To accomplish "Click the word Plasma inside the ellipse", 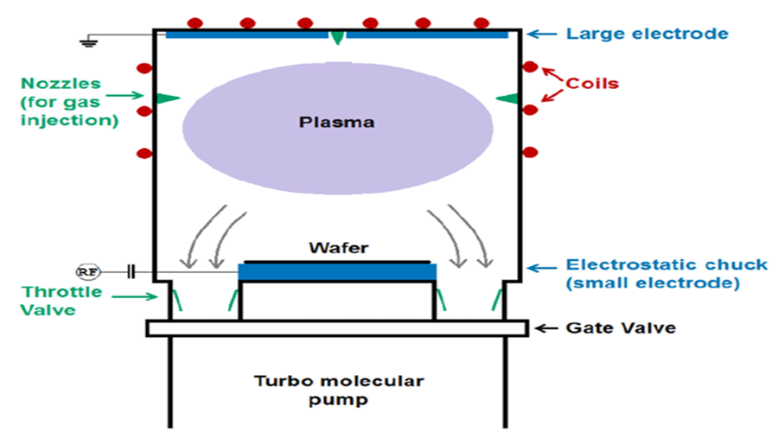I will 336,122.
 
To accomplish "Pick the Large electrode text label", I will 647,35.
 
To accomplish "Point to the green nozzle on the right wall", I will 507,98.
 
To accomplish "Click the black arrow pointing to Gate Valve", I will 547,328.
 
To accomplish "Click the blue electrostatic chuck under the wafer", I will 337,272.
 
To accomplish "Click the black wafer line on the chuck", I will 337,259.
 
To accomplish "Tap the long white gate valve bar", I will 337,328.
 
